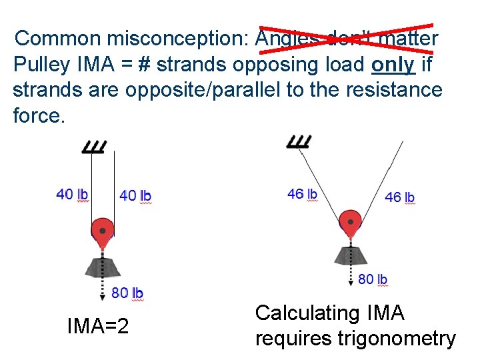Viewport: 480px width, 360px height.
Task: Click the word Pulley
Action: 41,64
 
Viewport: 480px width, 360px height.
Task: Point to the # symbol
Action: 145,64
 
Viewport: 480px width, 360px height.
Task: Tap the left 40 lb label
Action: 72,195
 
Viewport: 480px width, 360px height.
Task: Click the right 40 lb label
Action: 135,196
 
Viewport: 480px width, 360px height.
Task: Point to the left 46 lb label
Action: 302,194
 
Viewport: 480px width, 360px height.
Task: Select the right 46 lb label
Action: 400,197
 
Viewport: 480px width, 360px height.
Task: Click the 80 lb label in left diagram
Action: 127,293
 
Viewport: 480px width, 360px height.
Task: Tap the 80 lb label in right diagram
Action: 373,279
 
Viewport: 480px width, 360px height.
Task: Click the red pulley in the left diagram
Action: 102,231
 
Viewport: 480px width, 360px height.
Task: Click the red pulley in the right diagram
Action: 350,221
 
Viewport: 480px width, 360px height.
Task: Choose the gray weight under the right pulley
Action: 350,254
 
